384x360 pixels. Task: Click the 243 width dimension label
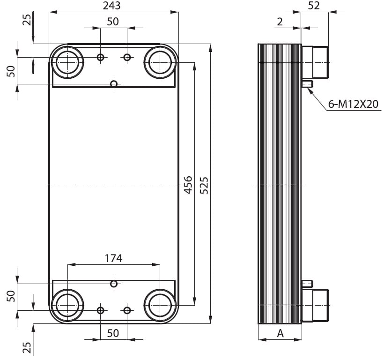111,6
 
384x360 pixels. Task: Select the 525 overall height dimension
204,185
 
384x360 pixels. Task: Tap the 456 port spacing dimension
188,185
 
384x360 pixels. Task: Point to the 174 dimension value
113,258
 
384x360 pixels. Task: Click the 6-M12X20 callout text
354,104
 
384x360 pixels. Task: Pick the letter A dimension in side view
280,333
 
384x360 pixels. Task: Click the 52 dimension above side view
314,6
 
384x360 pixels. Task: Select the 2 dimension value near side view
280,22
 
